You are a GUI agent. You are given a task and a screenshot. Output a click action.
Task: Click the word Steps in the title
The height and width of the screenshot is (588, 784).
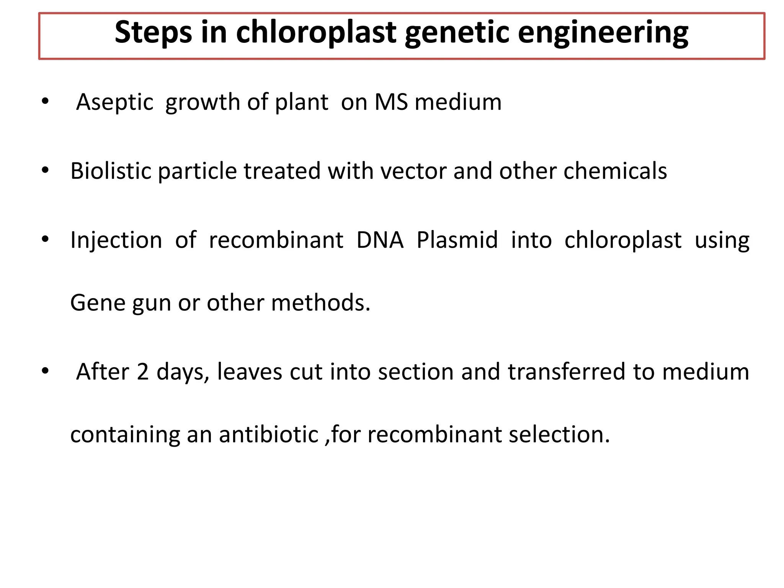(153, 33)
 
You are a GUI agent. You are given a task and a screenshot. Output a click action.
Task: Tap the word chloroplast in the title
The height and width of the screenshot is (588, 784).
(316, 33)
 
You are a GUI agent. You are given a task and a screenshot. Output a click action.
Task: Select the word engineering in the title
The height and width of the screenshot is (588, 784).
(603, 33)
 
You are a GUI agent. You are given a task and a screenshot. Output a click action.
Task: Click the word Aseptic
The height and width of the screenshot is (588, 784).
(114, 103)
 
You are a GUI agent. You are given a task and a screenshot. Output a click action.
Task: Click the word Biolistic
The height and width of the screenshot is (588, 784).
(111, 171)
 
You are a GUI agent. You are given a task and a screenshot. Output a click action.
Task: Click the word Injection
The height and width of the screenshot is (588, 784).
(116, 240)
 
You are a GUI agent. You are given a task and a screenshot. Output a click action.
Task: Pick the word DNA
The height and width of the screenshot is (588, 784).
(380, 240)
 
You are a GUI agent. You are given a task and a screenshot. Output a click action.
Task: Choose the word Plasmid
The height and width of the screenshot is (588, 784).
(457, 240)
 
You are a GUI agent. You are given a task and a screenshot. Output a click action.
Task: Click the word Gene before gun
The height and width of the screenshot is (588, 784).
(98, 303)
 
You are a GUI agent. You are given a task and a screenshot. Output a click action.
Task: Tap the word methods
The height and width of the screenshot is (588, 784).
(320, 303)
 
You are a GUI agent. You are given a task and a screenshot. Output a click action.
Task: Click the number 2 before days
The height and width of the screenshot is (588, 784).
(142, 372)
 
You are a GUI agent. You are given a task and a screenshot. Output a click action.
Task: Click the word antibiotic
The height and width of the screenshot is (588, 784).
(268, 434)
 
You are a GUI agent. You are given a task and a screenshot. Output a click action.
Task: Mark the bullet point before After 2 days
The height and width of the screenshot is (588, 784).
(45, 371)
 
